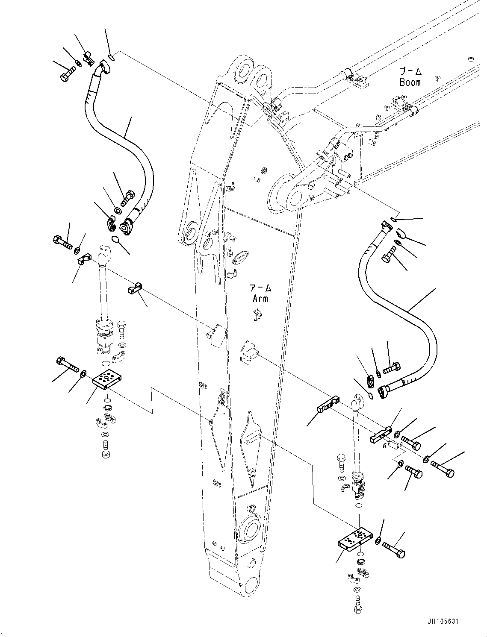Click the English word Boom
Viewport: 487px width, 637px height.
[410, 82]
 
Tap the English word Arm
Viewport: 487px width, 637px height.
[260, 298]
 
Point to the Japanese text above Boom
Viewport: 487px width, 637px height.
[410, 71]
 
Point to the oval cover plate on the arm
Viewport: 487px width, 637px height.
[239, 257]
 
